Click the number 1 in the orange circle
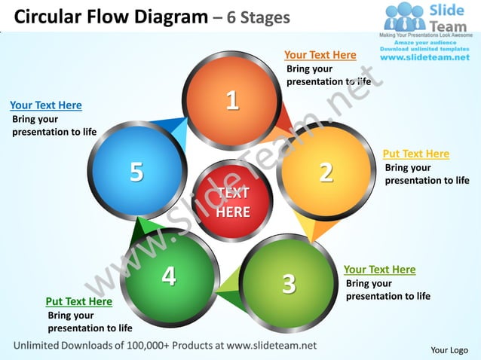point(232,99)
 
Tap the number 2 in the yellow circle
point(326,172)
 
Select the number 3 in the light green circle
point(288,284)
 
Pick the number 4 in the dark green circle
point(169,276)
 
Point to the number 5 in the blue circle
point(136,172)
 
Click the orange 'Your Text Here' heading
point(320,55)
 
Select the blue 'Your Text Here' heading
point(46,105)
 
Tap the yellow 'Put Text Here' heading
point(415,154)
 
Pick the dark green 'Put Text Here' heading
point(78,301)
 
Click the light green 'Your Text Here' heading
point(379,269)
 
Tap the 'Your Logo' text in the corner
point(449,349)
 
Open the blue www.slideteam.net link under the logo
point(425,57)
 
